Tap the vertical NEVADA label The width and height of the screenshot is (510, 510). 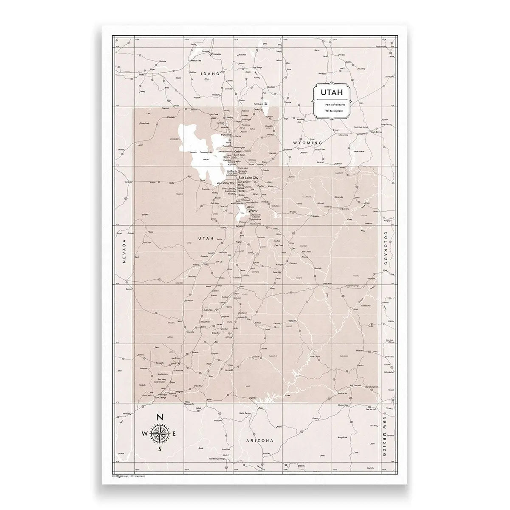(x=125, y=251)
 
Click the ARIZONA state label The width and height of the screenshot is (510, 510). (x=259, y=441)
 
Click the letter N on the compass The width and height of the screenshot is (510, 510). (x=160, y=417)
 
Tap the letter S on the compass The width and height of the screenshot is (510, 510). (x=160, y=449)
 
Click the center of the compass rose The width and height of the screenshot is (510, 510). (x=160, y=433)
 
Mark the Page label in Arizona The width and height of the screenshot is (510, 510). (x=261, y=408)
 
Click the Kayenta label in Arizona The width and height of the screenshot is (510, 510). (x=316, y=419)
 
